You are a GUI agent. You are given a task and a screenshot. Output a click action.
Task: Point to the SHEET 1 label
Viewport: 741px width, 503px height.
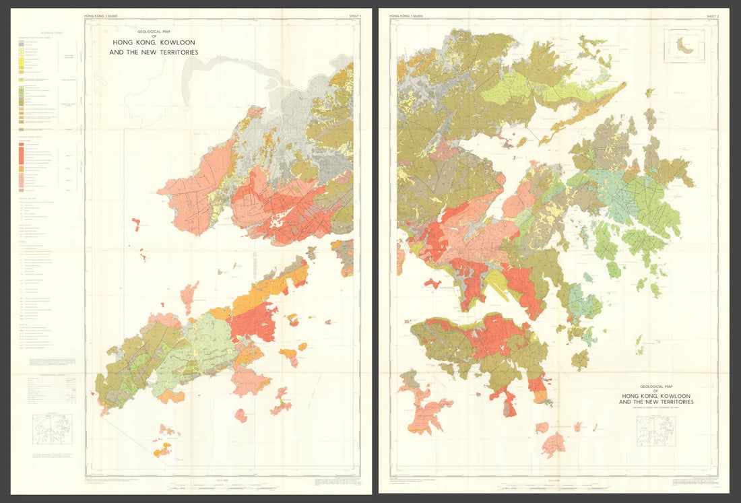347,14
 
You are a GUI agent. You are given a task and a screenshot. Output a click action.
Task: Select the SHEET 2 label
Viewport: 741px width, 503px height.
713,14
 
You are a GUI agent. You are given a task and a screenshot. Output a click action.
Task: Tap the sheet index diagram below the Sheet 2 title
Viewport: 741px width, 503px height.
657,427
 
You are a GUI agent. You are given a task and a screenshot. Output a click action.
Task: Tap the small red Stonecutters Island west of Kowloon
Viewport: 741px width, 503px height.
432,283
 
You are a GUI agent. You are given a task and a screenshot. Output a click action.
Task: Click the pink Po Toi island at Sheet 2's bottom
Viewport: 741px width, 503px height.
554,444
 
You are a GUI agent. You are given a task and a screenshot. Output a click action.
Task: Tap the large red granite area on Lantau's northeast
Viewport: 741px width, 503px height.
255,321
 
